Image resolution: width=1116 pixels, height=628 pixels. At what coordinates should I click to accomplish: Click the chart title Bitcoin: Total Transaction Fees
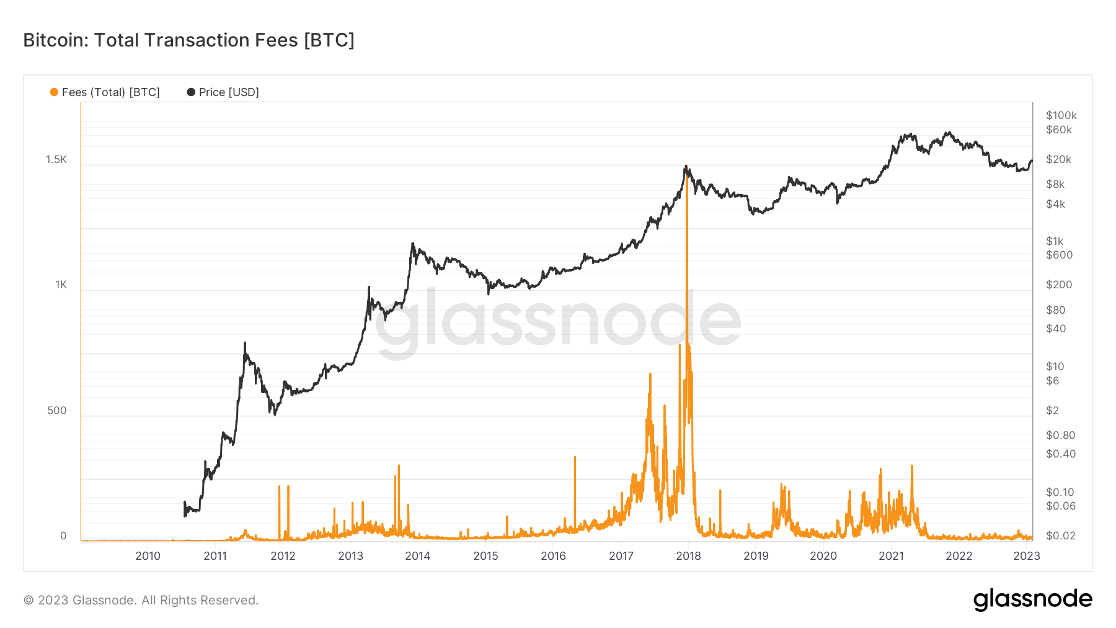[x=188, y=40]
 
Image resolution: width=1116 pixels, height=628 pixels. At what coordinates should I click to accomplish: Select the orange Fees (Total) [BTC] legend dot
[x=54, y=92]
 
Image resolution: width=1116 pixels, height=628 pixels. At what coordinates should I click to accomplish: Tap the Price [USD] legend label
[x=229, y=92]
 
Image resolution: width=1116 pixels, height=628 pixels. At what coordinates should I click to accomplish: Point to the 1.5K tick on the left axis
[x=56, y=160]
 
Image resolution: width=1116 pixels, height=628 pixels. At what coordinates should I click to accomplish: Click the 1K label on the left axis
[x=61, y=285]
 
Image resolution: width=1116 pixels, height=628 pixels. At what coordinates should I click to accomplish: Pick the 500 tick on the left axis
[x=57, y=410]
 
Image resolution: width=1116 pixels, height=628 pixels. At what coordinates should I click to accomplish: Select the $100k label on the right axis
[x=1061, y=115]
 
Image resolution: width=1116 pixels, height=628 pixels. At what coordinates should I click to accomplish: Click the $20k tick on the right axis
[x=1058, y=159]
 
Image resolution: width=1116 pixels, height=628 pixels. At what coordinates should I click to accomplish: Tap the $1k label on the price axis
[x=1054, y=241]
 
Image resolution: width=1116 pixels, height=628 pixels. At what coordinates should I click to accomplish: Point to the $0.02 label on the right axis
[x=1060, y=536]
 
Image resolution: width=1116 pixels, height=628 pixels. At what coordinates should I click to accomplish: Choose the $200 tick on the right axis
[x=1058, y=285]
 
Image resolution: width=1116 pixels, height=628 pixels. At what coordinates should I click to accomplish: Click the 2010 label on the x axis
[x=148, y=556]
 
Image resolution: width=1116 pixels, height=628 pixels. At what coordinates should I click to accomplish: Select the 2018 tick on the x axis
[x=688, y=556]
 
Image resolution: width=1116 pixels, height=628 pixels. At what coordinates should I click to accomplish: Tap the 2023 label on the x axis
[x=1026, y=556]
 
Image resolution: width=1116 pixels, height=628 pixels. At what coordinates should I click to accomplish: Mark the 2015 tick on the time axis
[x=485, y=556]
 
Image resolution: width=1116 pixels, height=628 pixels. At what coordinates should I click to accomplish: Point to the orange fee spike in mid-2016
[x=575, y=458]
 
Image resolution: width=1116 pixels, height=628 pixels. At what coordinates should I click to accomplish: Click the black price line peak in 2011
[x=245, y=343]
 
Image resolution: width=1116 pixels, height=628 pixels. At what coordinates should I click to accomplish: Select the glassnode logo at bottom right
[x=1032, y=599]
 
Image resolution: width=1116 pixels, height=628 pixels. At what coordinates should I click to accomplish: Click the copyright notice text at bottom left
[x=141, y=600]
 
